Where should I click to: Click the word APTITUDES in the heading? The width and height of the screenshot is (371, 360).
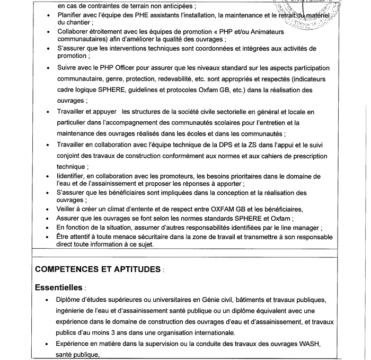tap(136, 269)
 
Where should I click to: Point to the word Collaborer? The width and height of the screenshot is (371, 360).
tap(73, 32)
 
